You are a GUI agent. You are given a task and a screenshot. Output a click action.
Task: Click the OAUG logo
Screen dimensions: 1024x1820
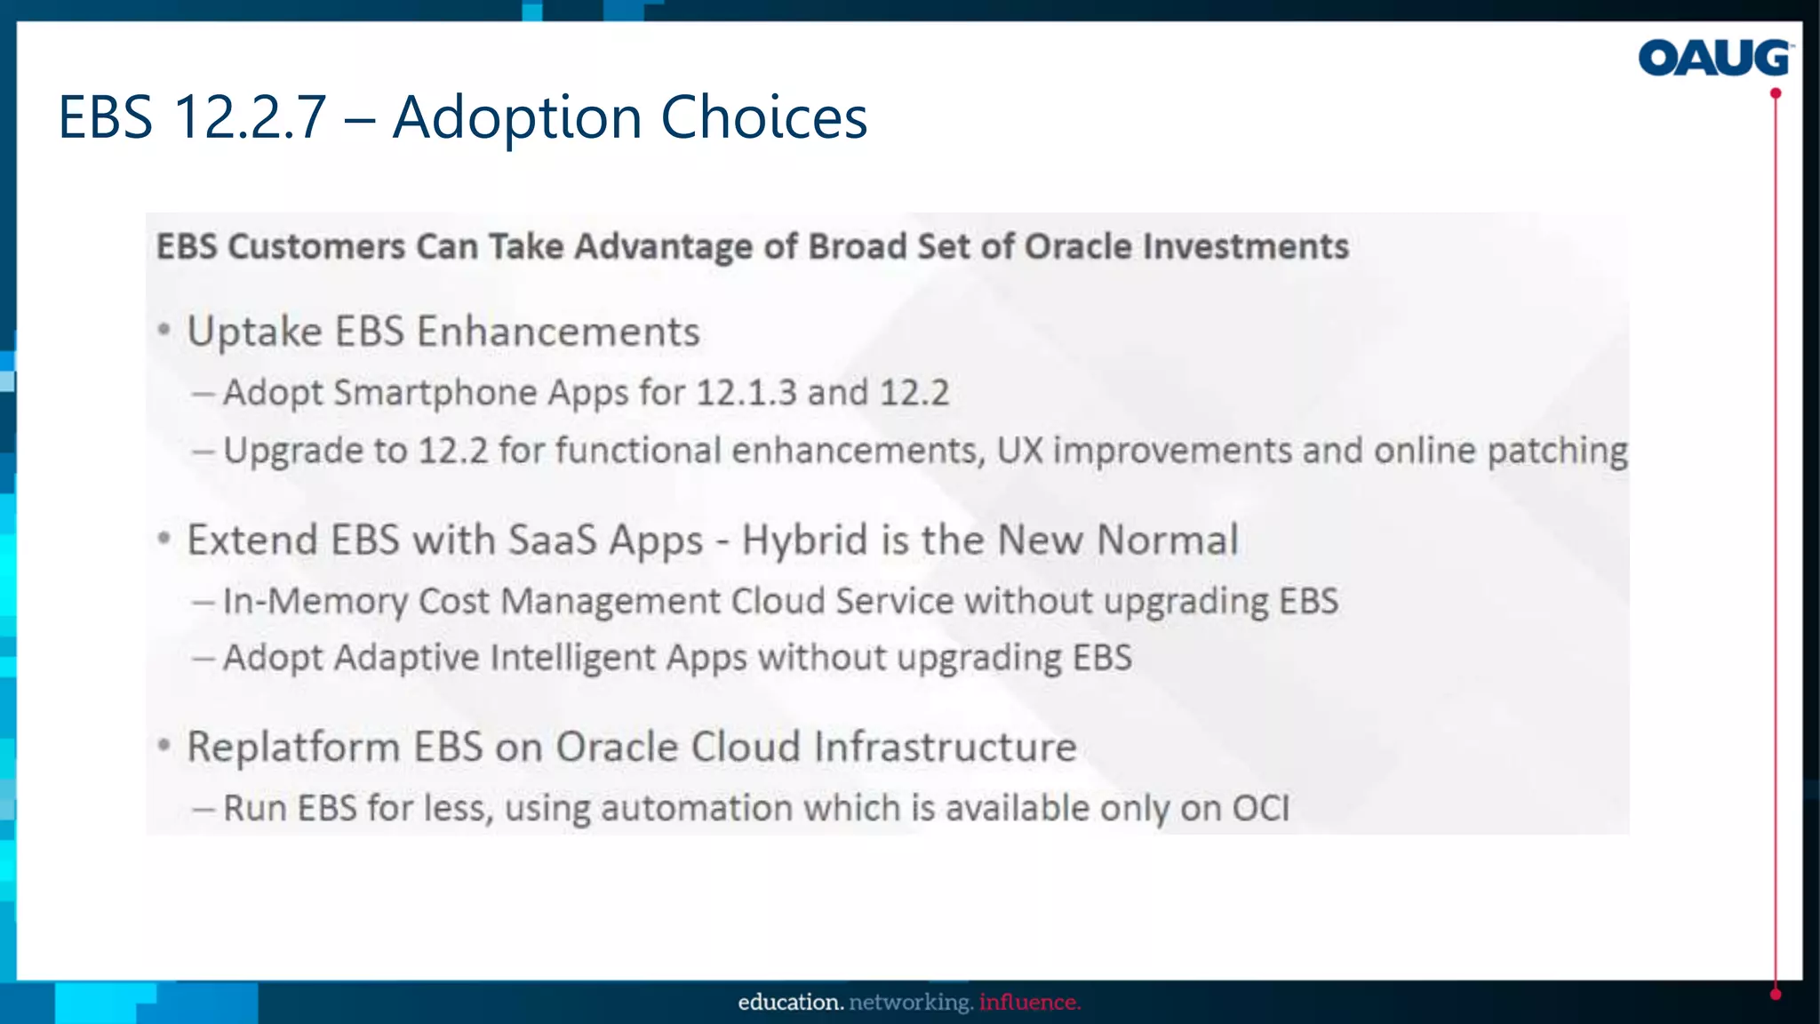coord(1714,59)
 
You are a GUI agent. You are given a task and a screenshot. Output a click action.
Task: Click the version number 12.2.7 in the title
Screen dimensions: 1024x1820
coord(251,117)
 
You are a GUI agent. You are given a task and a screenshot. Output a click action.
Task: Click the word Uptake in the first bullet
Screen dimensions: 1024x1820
coord(254,332)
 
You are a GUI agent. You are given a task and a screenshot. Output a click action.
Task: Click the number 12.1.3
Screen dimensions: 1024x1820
coord(746,393)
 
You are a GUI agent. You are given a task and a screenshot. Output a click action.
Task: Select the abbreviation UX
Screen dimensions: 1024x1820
coord(1019,451)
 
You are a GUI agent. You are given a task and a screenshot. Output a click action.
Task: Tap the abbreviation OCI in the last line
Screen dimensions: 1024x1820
coord(1260,808)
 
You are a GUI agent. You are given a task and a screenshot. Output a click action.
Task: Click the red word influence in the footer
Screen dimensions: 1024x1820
coord(1029,1003)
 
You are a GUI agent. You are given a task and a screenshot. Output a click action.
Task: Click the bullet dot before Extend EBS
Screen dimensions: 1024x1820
coord(164,538)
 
